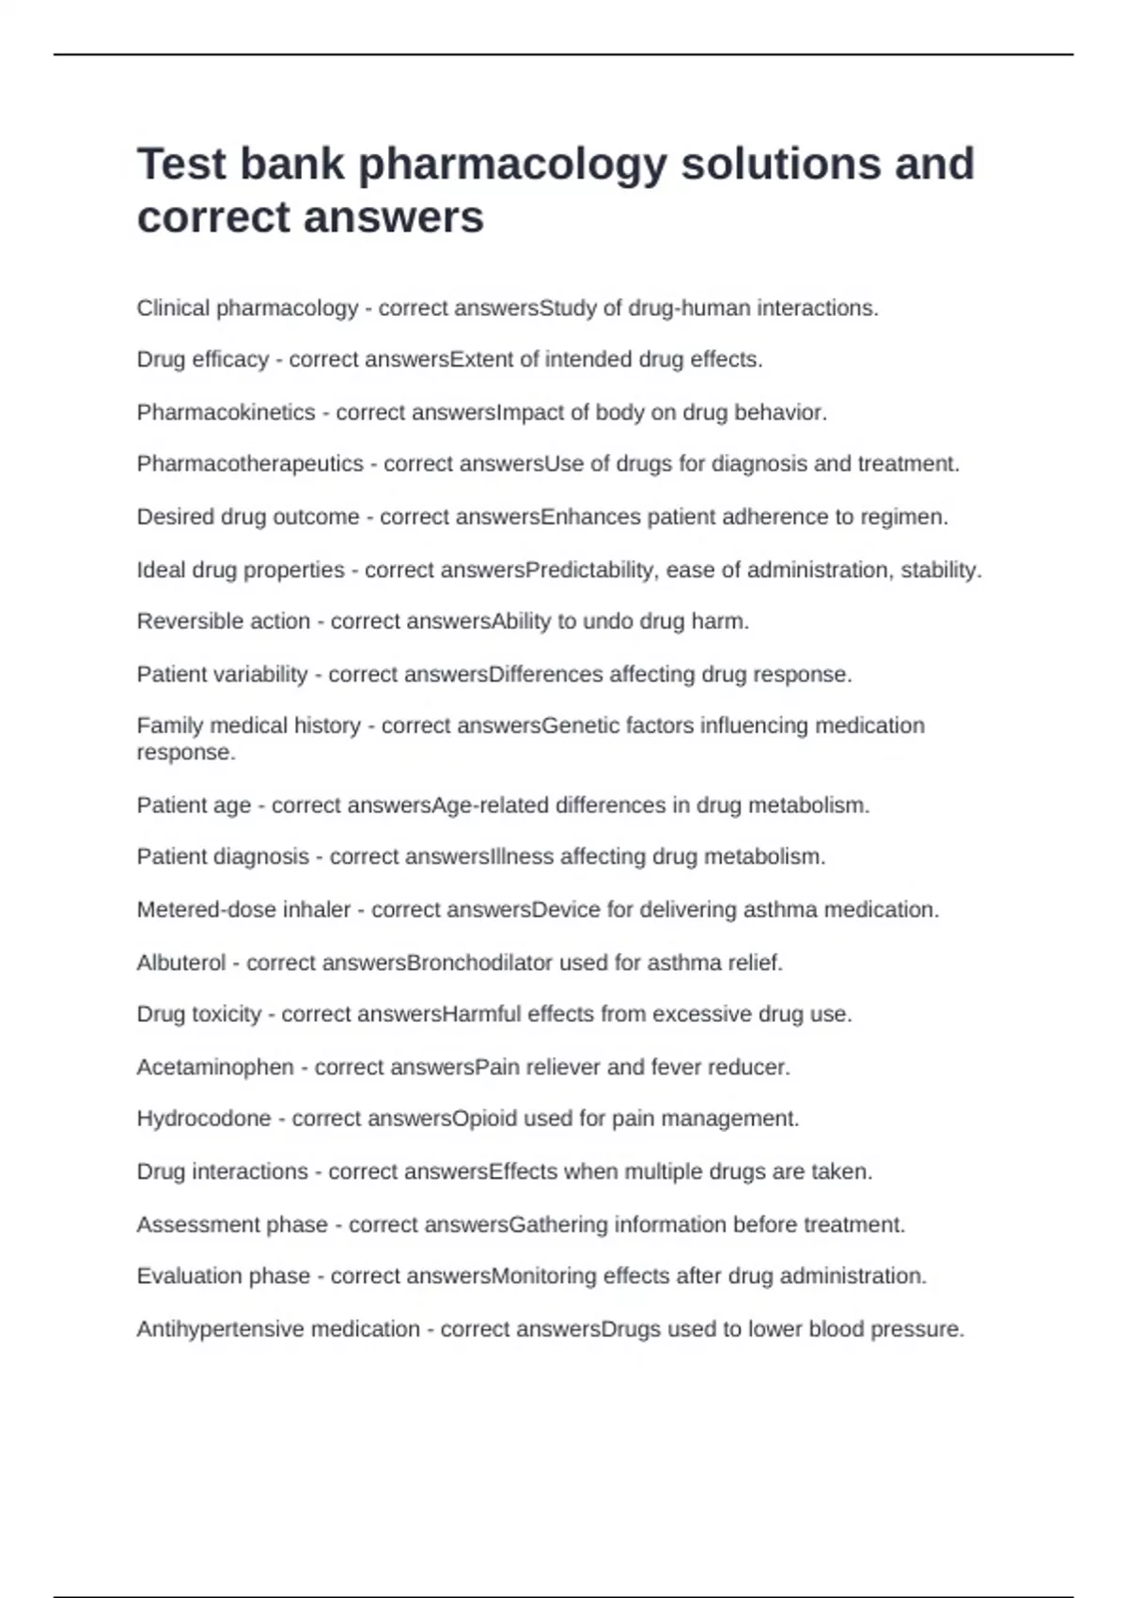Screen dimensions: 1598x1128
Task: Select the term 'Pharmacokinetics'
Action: pos(226,413)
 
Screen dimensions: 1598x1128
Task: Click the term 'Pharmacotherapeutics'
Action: pos(250,464)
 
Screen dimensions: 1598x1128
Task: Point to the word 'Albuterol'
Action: pos(181,963)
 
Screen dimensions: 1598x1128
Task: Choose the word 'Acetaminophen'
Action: pos(215,1068)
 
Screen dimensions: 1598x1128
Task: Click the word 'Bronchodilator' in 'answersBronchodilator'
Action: pos(479,963)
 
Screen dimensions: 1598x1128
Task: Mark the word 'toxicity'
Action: pos(226,1014)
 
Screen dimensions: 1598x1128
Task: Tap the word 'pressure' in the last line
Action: pos(916,1329)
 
